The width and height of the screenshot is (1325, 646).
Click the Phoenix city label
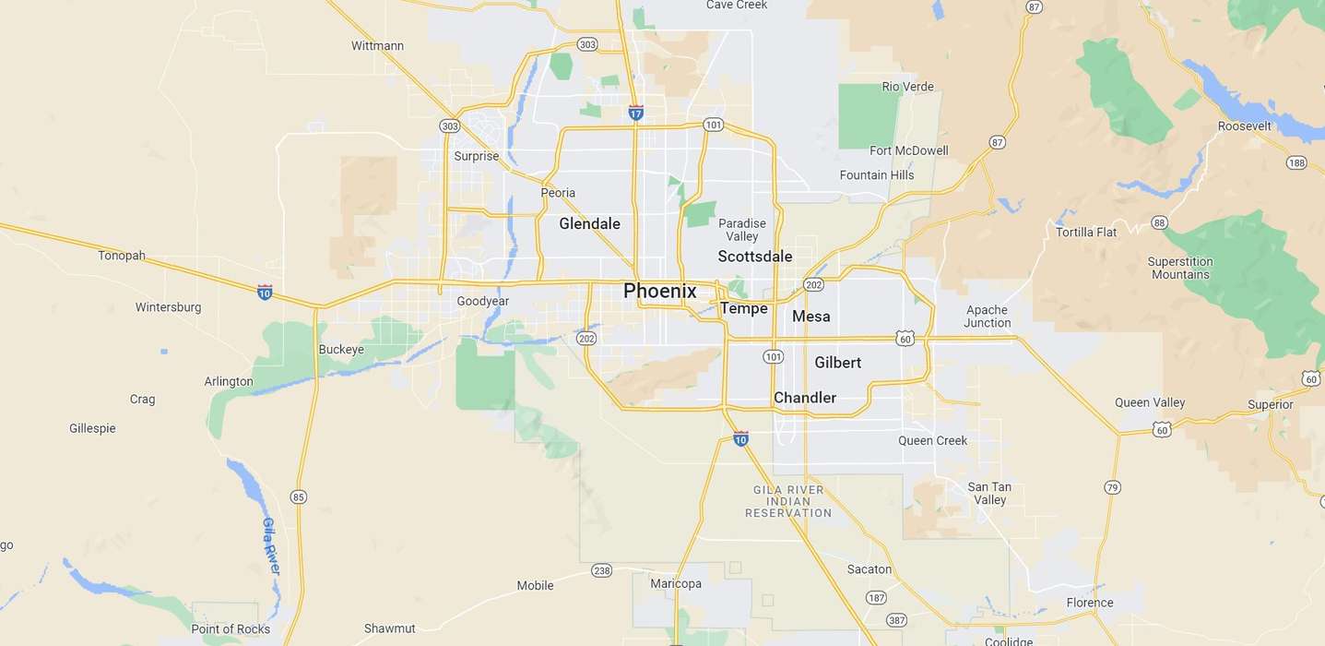click(x=659, y=291)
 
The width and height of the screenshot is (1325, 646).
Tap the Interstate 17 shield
click(x=635, y=113)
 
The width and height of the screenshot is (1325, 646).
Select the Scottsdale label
click(x=754, y=257)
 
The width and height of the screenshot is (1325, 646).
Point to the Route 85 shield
click(x=298, y=496)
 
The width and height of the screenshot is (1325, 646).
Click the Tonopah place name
click(x=122, y=256)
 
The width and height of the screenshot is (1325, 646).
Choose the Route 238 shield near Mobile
click(x=601, y=570)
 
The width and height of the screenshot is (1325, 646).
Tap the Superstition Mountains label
click(x=1180, y=268)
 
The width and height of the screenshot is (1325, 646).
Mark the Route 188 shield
click(x=1296, y=163)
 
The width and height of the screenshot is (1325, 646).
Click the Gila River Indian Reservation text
click(x=788, y=501)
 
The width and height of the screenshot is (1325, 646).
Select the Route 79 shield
click(x=1112, y=486)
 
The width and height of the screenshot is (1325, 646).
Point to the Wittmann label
click(x=377, y=45)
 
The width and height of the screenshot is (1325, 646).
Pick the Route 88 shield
click(x=1159, y=222)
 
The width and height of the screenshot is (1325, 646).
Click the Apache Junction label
click(x=987, y=317)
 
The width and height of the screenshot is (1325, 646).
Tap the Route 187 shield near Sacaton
click(x=876, y=598)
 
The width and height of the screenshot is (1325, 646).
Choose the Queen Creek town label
click(x=932, y=440)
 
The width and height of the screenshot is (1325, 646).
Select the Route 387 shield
click(x=895, y=620)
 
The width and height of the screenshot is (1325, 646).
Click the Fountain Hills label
click(x=876, y=175)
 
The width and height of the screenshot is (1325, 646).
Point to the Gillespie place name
click(x=92, y=428)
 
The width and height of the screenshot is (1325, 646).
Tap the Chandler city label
click(x=804, y=398)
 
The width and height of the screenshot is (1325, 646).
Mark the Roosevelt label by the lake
click(x=1244, y=126)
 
